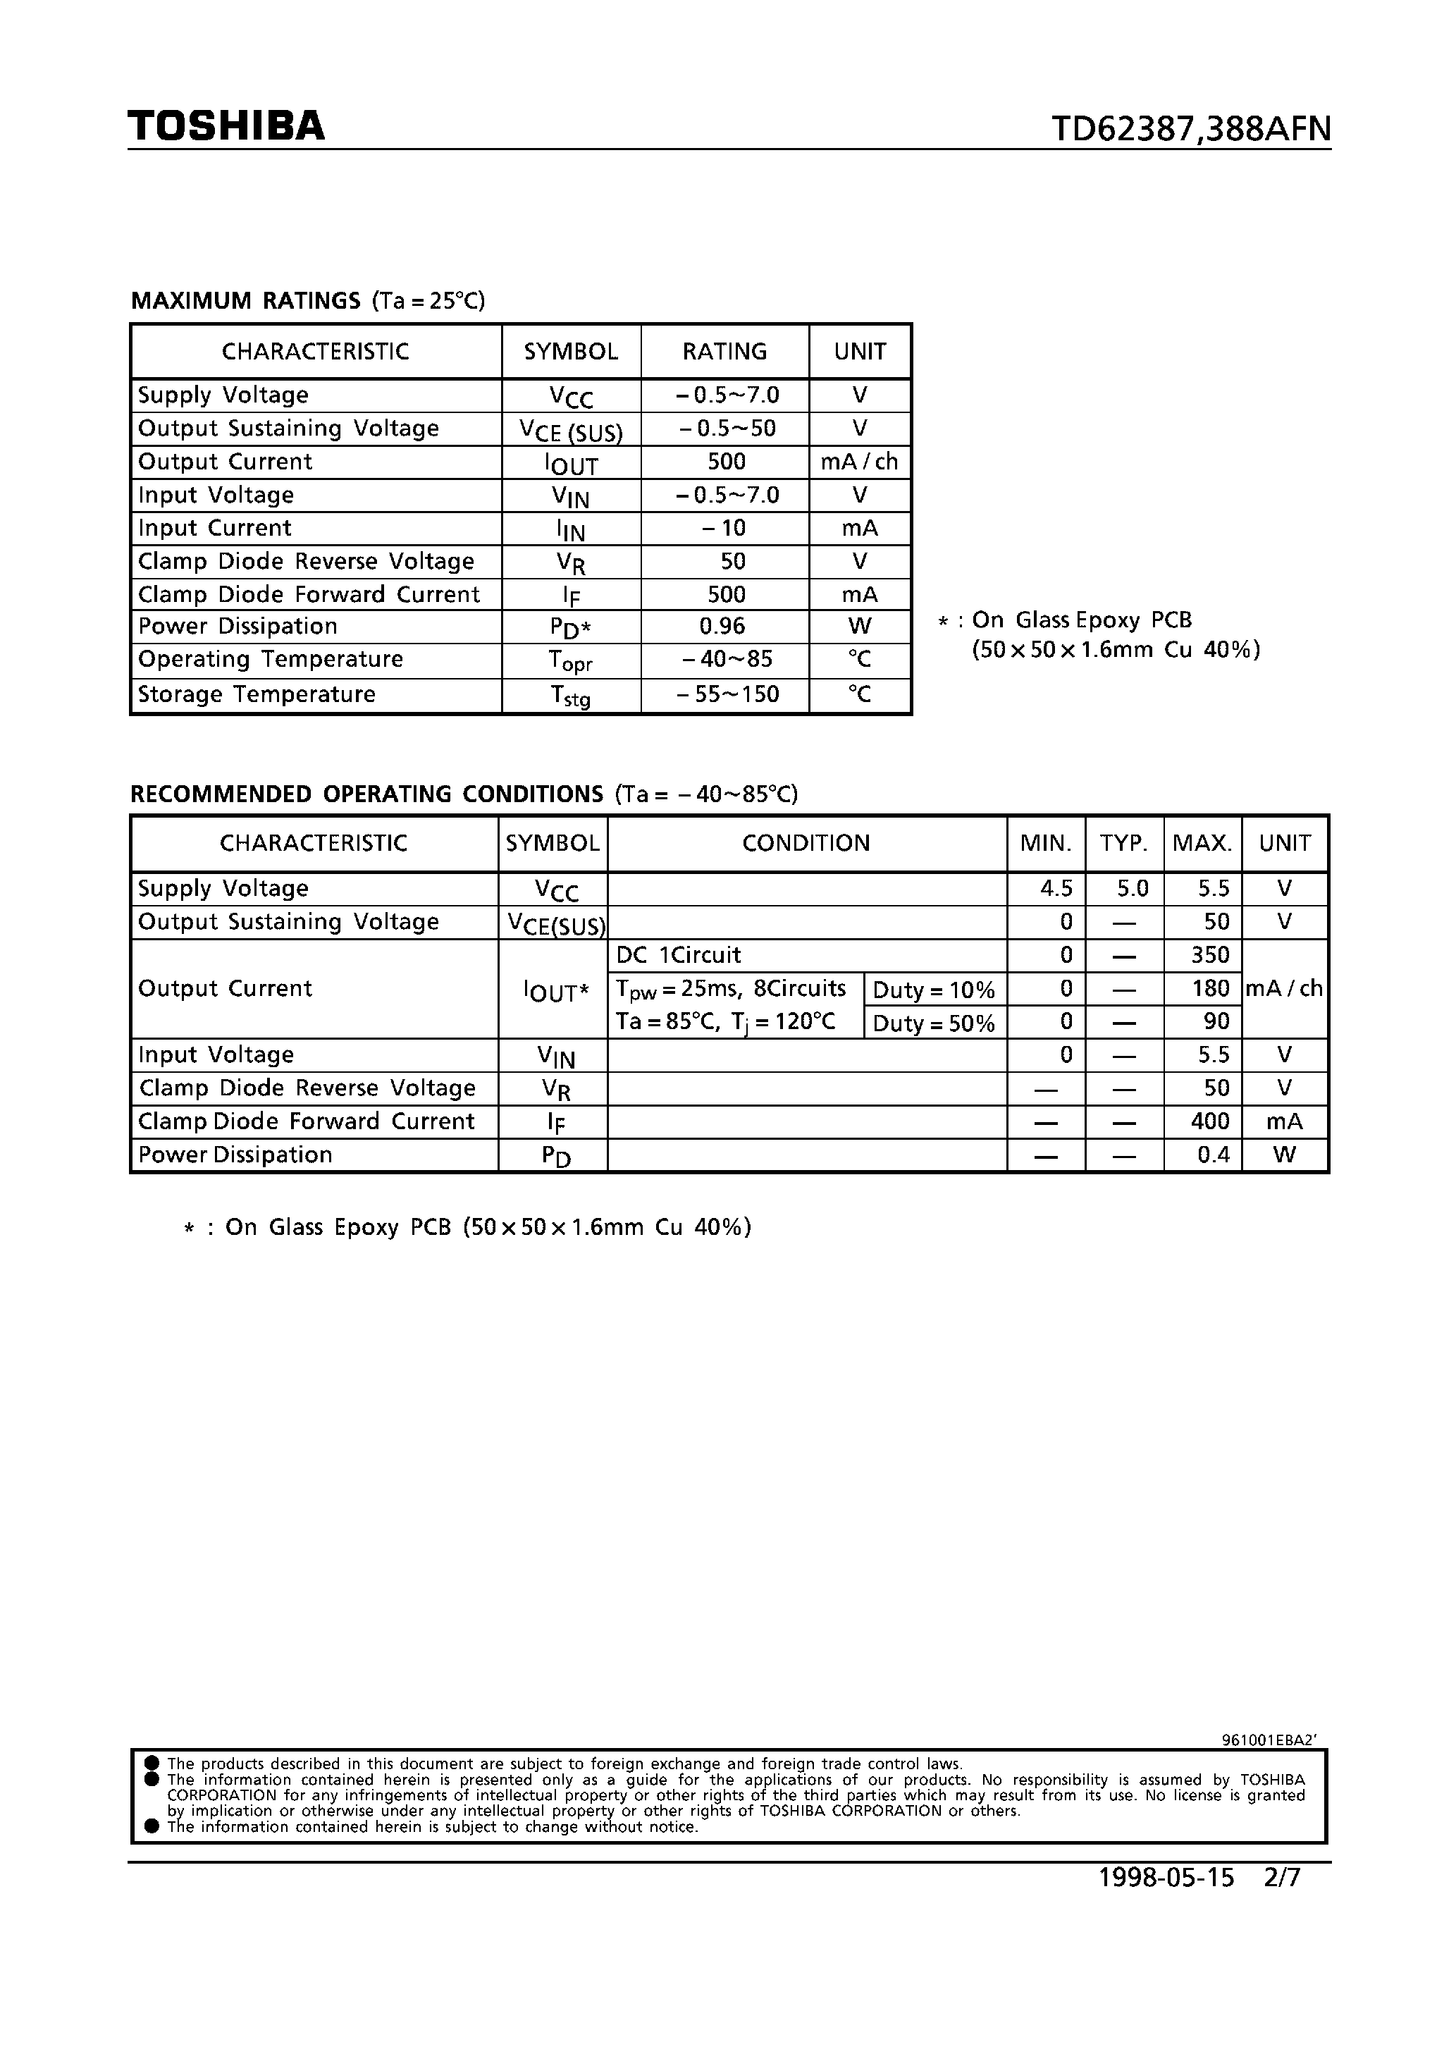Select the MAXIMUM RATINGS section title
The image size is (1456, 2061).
pos(246,301)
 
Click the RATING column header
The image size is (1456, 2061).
pos(724,351)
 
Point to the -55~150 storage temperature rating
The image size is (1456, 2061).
pos(728,694)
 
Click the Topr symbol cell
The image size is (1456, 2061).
pos(570,660)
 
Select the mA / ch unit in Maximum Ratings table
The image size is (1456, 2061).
pos(859,462)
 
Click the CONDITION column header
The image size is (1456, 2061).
pos(806,843)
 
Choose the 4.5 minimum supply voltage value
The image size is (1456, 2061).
pos(1056,888)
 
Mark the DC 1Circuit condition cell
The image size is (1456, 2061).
pos(679,955)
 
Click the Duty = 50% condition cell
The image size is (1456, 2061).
pos(934,1023)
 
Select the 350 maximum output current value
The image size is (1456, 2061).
pos(1210,955)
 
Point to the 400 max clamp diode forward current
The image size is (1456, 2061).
pos(1210,1121)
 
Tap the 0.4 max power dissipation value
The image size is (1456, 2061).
pos(1213,1155)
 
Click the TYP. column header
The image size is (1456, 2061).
pos(1124,843)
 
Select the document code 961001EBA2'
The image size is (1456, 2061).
pos(1269,1740)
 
